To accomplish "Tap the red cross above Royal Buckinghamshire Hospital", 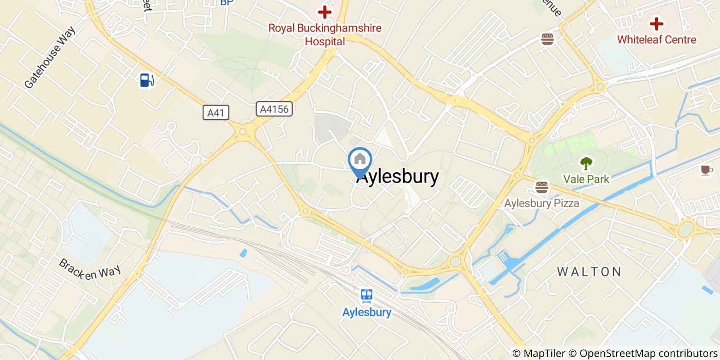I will (325, 11).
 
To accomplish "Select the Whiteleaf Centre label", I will (656, 40).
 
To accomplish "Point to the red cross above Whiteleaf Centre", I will (656, 23).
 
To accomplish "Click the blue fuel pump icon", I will (146, 80).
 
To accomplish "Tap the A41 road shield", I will (215, 113).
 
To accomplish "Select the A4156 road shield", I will (274, 109).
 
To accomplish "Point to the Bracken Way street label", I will (89, 269).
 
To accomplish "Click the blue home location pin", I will (360, 160).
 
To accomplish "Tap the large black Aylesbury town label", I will (398, 177).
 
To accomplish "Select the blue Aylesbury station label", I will (367, 312).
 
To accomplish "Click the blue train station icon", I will (367, 295).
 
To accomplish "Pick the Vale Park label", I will (586, 179).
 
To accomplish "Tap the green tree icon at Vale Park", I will (586, 164).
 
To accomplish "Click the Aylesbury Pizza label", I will (542, 203).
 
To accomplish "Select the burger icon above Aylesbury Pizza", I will (542, 187).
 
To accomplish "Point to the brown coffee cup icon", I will (707, 170).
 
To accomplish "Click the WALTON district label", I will (589, 272).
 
